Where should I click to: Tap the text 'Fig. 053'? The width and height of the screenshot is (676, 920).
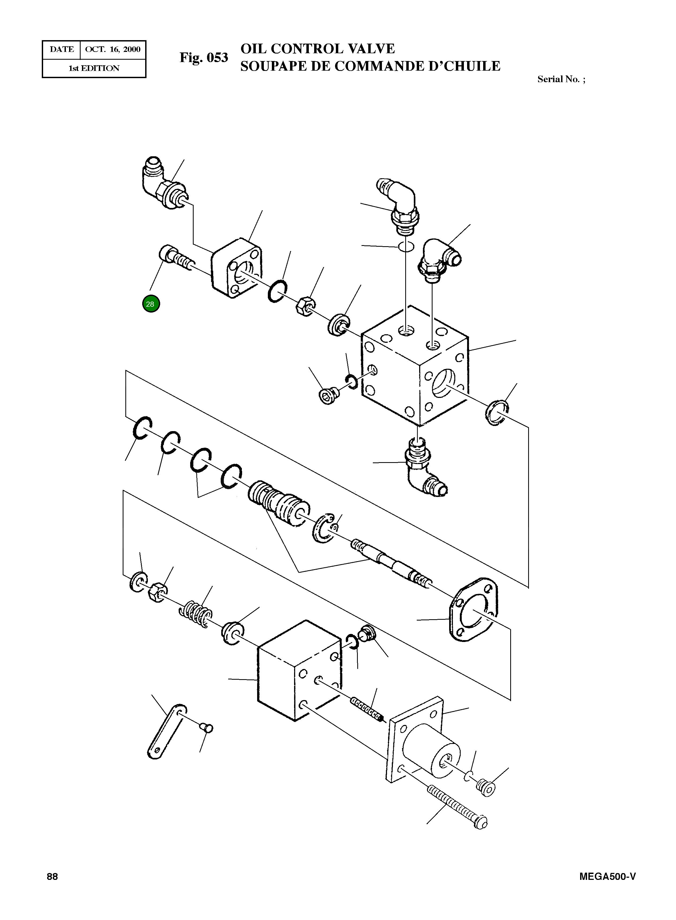[203, 58]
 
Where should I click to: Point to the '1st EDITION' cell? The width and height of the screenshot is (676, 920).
[94, 68]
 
